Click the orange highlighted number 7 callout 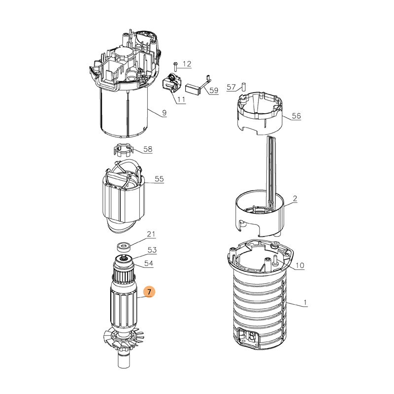click(149, 292)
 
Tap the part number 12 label click(187, 64)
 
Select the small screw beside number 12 click(176, 66)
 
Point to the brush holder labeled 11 click(171, 83)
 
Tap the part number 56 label click(296, 116)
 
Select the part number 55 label click(159, 179)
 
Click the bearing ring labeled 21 click(123, 246)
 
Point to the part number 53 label click(152, 250)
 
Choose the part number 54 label click(149, 263)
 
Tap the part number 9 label click(164, 113)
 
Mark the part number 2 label click(295, 198)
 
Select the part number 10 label click(300, 265)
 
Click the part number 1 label click(305, 302)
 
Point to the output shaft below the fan click(123, 360)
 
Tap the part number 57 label click(231, 87)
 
